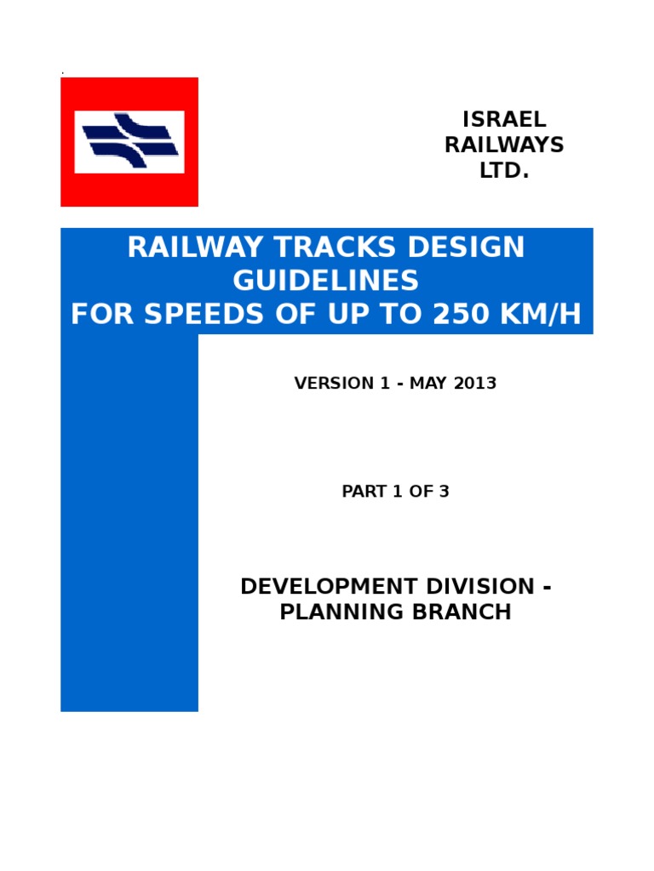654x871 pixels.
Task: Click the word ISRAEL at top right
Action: (504, 119)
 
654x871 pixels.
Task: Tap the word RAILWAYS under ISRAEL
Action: (504, 145)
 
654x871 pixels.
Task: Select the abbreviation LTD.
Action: (504, 171)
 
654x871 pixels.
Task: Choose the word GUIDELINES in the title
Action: (326, 281)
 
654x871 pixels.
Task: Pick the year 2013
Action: (474, 384)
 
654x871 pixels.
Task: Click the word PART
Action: (362, 492)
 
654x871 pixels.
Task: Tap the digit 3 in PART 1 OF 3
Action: (444, 492)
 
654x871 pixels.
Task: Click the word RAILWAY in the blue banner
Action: (181, 248)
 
